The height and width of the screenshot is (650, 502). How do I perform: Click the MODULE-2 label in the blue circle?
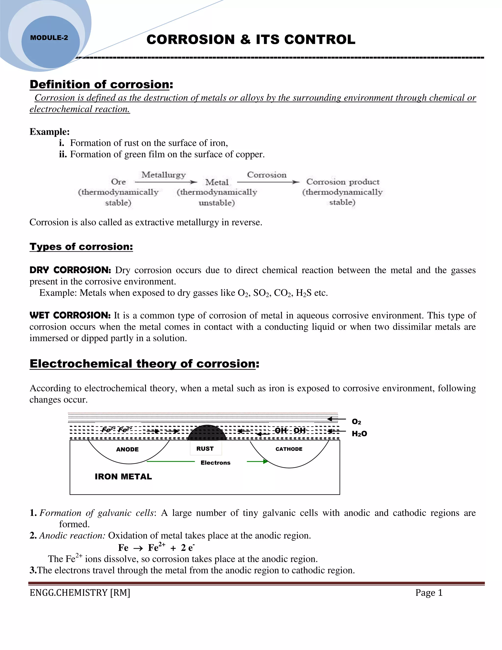49,38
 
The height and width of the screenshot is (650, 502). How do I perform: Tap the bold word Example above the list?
49,131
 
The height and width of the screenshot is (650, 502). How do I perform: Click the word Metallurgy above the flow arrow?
163,175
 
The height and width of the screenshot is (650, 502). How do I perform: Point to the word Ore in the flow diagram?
118,182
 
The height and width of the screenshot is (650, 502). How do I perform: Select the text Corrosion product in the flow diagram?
343,182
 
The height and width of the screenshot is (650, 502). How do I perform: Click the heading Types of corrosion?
81,247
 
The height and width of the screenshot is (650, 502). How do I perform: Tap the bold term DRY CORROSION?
70,270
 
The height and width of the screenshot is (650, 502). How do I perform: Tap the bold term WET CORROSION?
70,315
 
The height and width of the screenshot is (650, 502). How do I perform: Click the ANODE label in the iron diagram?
127,449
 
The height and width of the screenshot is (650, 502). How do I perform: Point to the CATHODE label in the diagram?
289,449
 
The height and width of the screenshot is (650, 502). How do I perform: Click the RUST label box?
205,449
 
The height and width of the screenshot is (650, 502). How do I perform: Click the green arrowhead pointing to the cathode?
265,462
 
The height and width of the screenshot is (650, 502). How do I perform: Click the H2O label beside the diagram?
359,434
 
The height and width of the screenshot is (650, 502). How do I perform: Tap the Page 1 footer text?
429,593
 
